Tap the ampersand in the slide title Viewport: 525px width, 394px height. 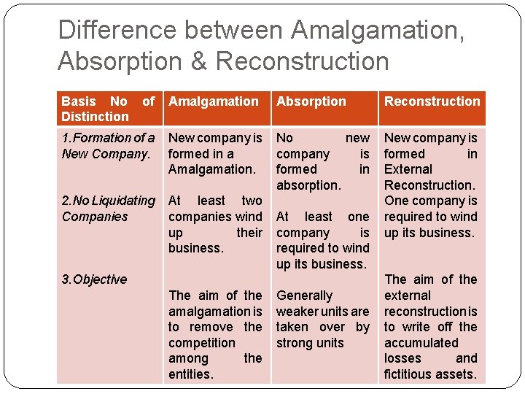coord(199,61)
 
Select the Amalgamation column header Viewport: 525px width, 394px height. coord(214,101)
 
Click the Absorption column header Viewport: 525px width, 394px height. coord(311,101)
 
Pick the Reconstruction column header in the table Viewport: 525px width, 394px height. coord(432,101)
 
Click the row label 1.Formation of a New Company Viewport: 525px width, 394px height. coord(108,145)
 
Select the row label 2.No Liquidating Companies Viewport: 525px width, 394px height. coord(108,208)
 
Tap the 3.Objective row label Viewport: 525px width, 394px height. coord(94,279)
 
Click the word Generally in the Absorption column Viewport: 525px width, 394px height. coord(305,295)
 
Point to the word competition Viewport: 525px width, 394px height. coord(202,343)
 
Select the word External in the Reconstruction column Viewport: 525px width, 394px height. coord(408,169)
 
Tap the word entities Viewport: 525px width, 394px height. coord(191,374)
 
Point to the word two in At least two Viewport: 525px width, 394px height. coord(252,201)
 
